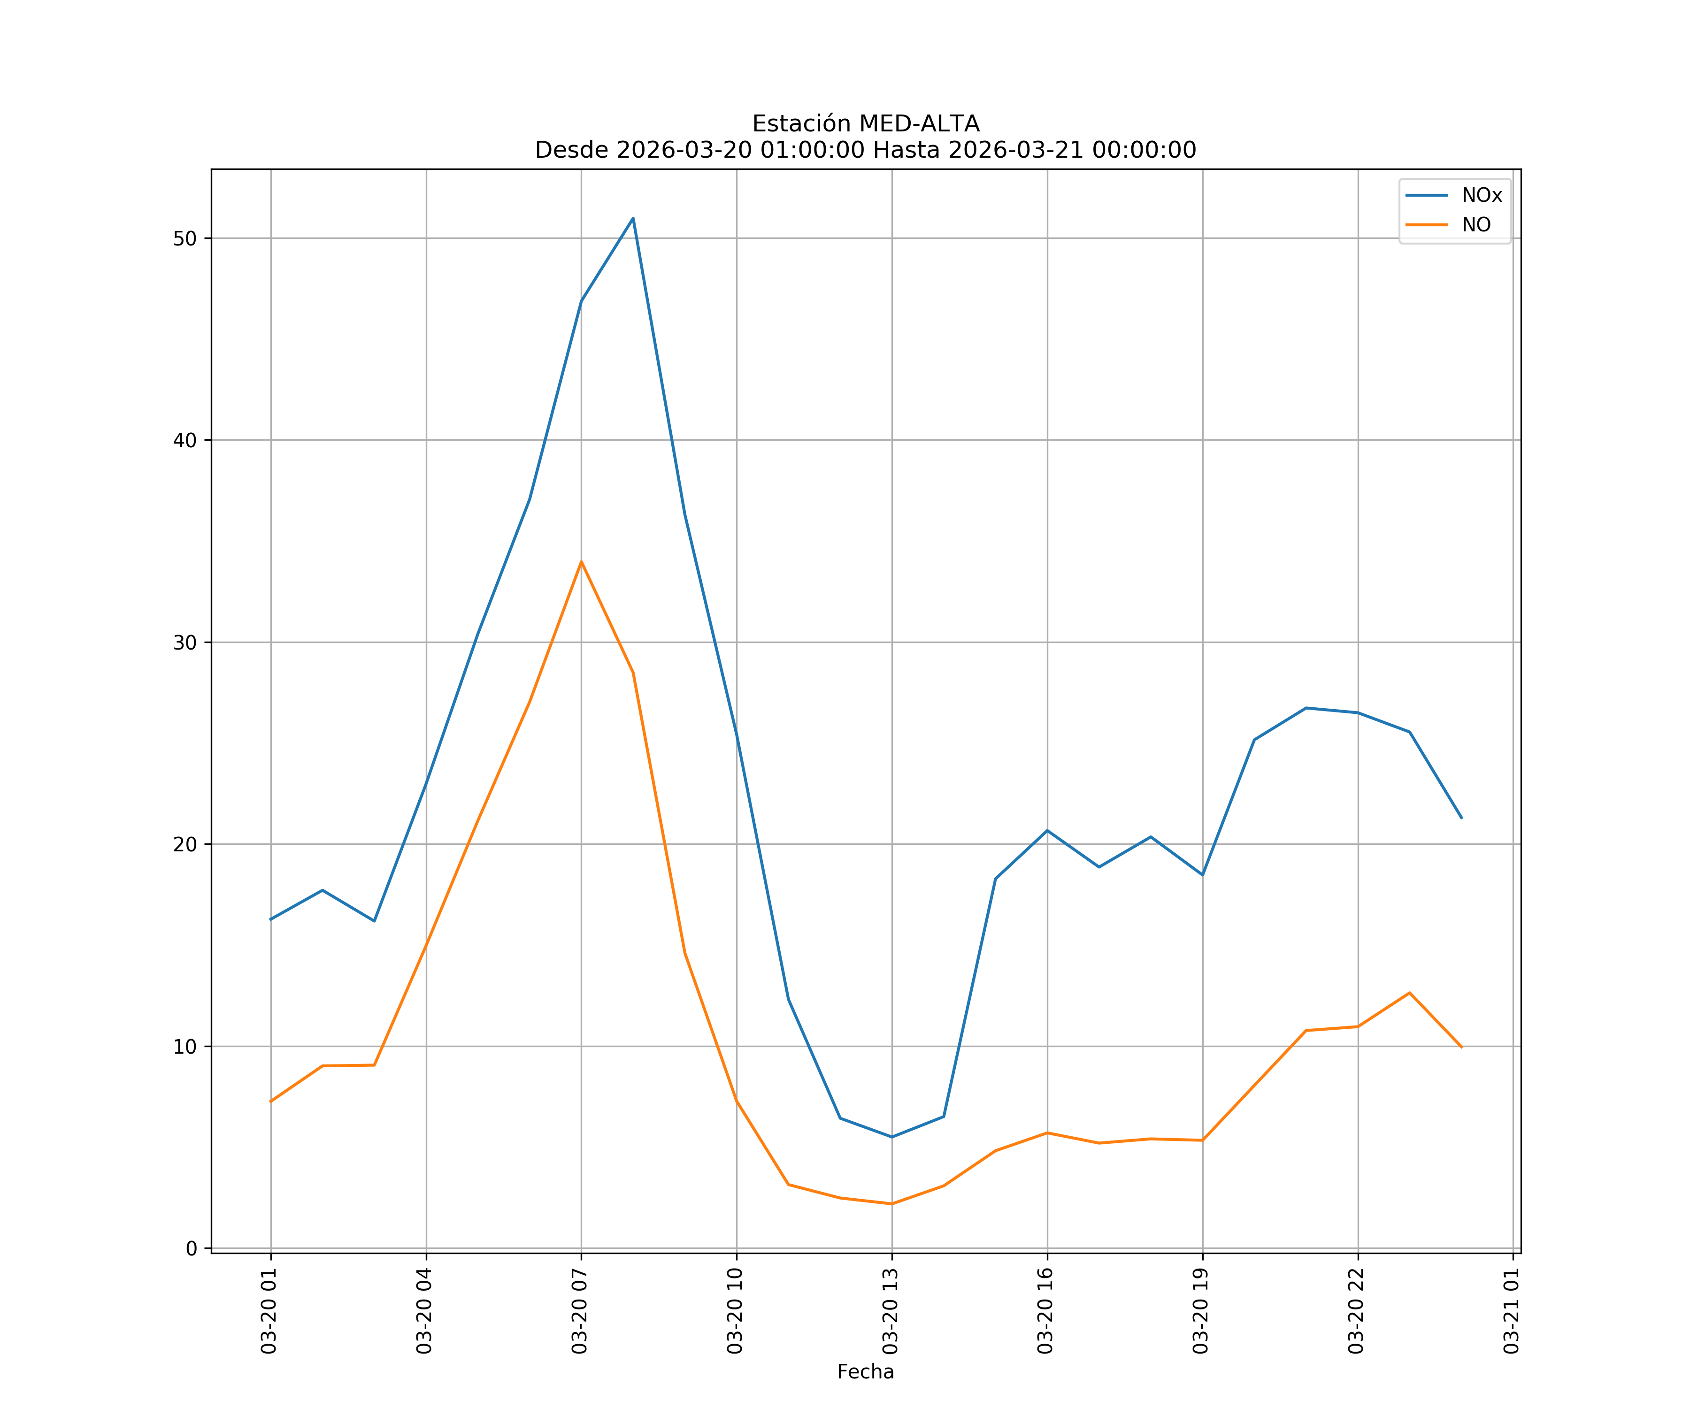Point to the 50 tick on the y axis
tap(185, 238)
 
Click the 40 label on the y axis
tap(185, 440)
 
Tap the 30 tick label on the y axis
tap(185, 642)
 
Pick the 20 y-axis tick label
tap(185, 844)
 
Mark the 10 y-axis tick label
tap(185, 1046)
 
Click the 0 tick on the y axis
tap(192, 1249)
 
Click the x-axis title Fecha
tap(865, 1372)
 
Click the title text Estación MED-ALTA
tap(865, 124)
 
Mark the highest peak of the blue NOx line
tap(633, 218)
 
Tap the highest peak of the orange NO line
tap(581, 562)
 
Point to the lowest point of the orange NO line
tap(891, 1204)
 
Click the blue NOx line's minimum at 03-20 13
tap(891, 1137)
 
